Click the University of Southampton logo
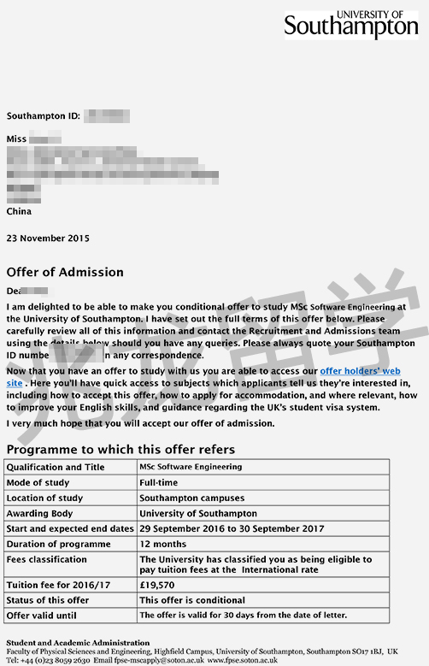tap(351, 25)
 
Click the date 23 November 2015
tap(48, 238)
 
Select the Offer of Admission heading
tap(65, 272)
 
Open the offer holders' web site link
tap(360, 371)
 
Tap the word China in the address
tap(19, 211)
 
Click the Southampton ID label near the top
tap(43, 115)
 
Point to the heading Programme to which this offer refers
tap(120, 449)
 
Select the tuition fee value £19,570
tap(158, 585)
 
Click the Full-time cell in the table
tap(160, 482)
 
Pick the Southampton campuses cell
tap(191, 498)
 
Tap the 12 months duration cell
tap(163, 544)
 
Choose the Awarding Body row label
tap(44, 513)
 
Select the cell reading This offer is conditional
tap(191, 600)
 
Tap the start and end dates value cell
tap(231, 528)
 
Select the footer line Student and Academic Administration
tap(78, 642)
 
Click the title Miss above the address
tap(17, 138)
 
